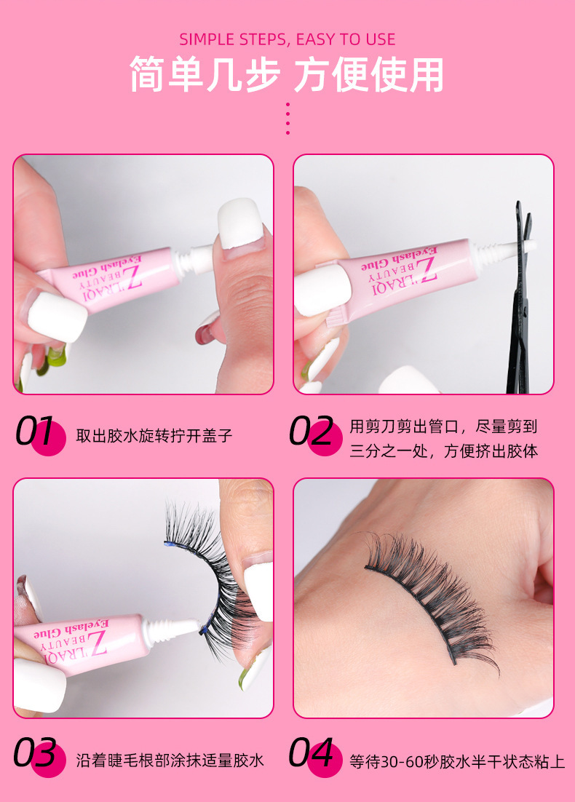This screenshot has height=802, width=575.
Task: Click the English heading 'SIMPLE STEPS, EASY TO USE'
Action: tap(287, 39)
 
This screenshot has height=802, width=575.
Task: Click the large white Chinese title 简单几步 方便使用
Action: tap(287, 75)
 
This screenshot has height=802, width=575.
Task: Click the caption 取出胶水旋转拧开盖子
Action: tap(154, 436)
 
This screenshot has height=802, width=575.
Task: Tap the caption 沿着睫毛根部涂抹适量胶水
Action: tap(170, 760)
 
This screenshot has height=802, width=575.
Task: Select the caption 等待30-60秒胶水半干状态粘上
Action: tap(457, 761)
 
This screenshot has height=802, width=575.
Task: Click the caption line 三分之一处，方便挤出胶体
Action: tap(444, 451)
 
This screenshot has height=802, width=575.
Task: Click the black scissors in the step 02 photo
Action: tap(520, 297)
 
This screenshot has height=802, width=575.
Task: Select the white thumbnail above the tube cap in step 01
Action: tap(239, 223)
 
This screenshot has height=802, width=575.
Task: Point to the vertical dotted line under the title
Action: tap(287, 119)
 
